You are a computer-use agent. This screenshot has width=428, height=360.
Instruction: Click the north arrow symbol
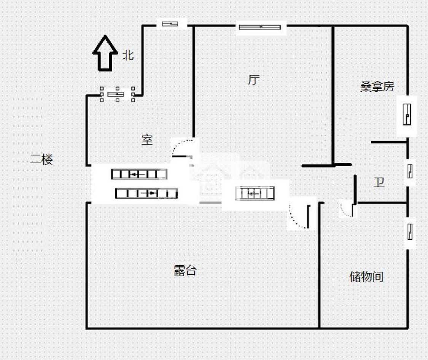coord(105,53)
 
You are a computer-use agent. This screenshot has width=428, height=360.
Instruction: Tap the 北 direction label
coord(128,56)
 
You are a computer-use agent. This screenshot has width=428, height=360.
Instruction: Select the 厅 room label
coord(254,80)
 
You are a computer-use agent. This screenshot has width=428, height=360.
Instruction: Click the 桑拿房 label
coord(377,87)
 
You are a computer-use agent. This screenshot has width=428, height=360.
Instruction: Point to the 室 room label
coord(147,140)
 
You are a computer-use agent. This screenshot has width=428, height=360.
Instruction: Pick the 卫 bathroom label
coord(379,183)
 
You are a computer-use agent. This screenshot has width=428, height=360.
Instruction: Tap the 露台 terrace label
coord(185,271)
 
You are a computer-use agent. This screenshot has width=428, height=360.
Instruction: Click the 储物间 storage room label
coord(366,277)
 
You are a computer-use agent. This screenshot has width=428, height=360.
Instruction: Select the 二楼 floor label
coord(41,160)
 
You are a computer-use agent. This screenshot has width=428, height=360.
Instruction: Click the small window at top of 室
coord(170,24)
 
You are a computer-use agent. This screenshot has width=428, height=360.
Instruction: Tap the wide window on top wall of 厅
coord(260,27)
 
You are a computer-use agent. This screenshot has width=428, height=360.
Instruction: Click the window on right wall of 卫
coord(410,171)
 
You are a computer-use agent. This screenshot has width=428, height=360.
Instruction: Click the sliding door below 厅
coord(255,193)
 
